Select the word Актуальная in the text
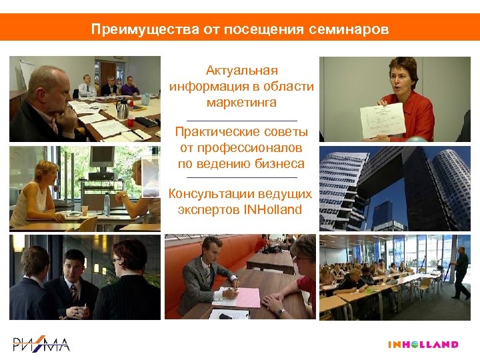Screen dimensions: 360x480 tap(241, 71)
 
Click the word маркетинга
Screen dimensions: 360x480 tap(241, 103)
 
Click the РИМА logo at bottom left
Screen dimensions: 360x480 tap(41, 344)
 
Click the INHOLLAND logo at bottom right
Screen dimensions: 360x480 tap(423, 345)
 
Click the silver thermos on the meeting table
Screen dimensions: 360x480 tap(123, 108)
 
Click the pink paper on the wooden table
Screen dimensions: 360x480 tap(239, 297)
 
